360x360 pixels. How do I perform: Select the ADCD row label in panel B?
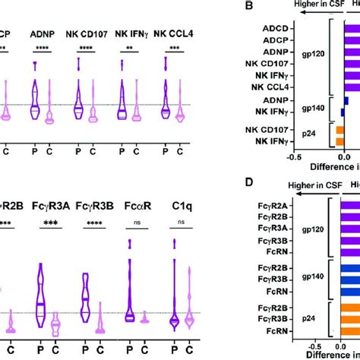tap(294, 33)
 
